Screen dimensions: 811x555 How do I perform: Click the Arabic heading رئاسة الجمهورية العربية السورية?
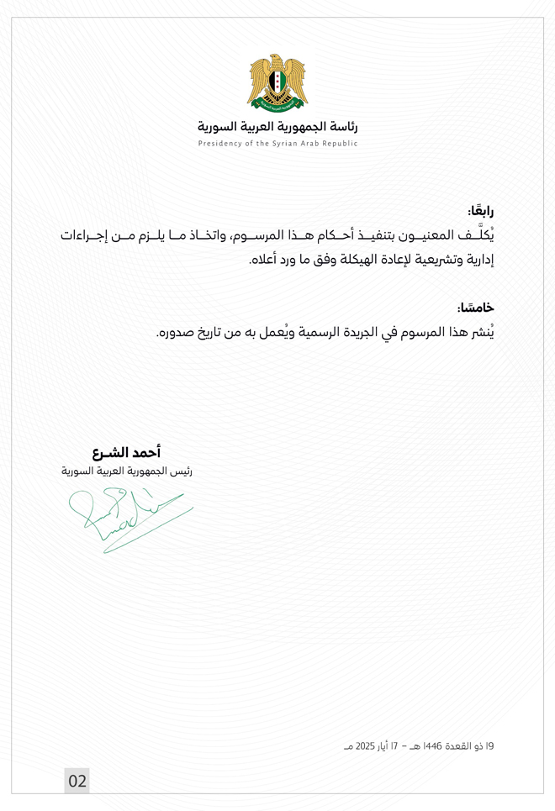point(277,127)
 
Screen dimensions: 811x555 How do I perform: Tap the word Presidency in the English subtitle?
point(219,144)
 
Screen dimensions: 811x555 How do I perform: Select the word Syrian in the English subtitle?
point(288,144)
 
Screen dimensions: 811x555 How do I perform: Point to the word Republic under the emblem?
point(341,144)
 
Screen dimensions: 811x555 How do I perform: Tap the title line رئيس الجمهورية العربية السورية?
point(102,473)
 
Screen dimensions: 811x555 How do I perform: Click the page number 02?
point(77,781)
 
